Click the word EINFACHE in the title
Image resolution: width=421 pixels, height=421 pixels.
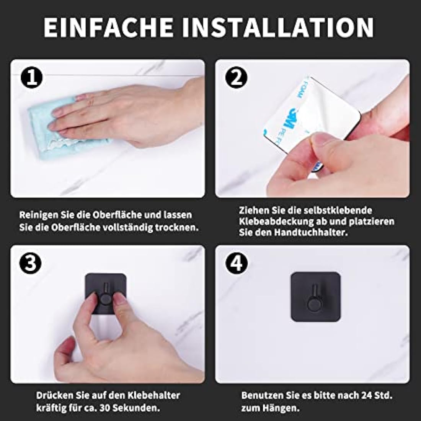[x=108, y=28]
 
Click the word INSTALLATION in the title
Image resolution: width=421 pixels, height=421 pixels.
[x=278, y=28]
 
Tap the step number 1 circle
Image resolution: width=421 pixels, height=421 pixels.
[x=31, y=78]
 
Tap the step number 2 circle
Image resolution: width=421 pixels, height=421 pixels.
[x=236, y=78]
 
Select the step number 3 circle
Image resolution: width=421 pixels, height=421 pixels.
[x=30, y=263]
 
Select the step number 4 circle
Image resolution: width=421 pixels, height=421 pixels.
[x=236, y=263]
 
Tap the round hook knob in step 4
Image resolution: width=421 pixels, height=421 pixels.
[x=315, y=304]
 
